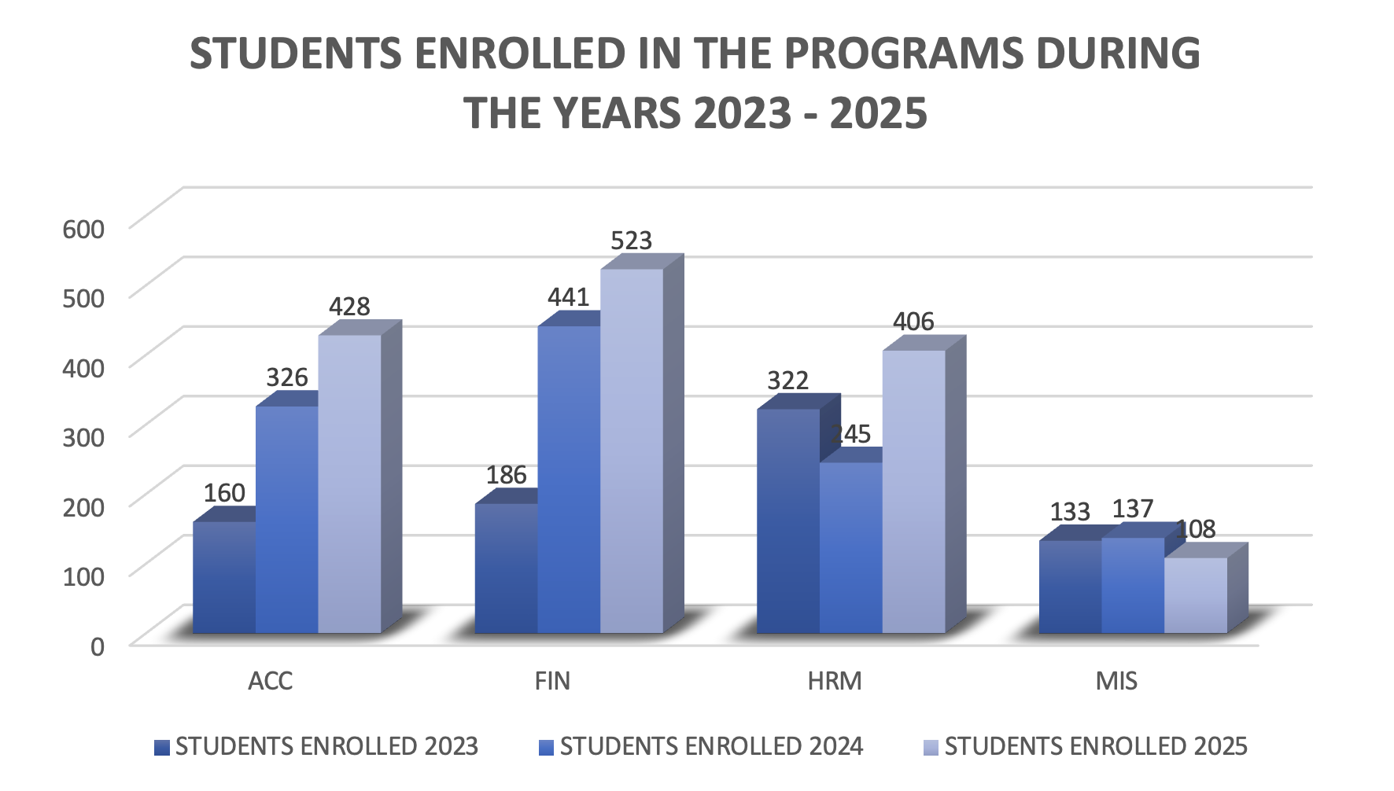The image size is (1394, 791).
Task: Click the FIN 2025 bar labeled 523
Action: pos(632,452)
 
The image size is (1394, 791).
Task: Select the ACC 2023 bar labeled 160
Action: pos(224,578)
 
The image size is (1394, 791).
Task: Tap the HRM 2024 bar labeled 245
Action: pos(850,548)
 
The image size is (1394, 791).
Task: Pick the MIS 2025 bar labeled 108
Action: pos(1195,595)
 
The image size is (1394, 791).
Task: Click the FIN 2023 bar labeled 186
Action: pos(506,568)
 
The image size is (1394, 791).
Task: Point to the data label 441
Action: pos(568,297)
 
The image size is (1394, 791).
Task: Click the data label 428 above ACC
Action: pos(349,307)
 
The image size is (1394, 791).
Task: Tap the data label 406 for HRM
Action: pos(913,322)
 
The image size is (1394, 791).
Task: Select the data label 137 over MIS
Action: pos(1133,509)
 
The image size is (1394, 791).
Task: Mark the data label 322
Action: pos(787,381)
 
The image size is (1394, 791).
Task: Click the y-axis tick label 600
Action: pos(83,230)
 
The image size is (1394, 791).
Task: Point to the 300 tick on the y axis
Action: pos(83,437)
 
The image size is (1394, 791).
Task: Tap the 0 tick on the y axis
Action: pos(97,646)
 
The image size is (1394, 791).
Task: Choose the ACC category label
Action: pos(270,680)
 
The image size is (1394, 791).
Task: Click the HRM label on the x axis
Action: pos(835,680)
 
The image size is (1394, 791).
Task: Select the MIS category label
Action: pos(1116,680)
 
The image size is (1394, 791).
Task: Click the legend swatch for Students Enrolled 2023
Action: pos(162,747)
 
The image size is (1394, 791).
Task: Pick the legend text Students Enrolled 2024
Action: pos(711,746)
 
